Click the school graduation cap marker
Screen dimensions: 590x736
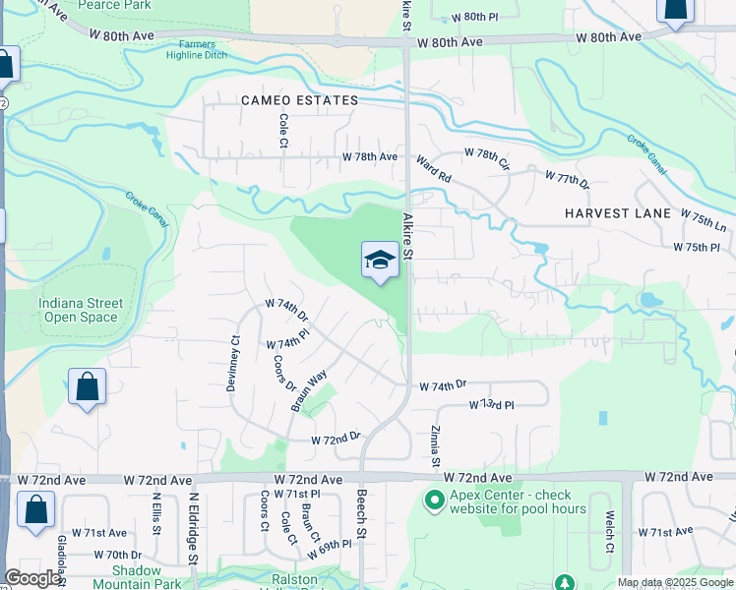coord(380,261)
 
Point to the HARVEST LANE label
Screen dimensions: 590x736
coord(618,213)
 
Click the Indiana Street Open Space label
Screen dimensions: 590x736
coord(81,311)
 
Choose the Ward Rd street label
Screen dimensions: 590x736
coord(433,169)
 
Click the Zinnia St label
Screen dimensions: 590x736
coord(434,446)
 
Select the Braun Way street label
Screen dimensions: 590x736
coord(308,390)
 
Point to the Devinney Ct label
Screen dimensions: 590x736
coord(233,366)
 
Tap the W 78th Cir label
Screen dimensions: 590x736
coord(487,156)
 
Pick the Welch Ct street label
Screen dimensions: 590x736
coord(610,532)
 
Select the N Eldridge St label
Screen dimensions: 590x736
coord(194,527)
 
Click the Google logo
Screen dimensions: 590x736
coord(32,579)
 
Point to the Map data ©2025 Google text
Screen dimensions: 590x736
coord(674,582)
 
